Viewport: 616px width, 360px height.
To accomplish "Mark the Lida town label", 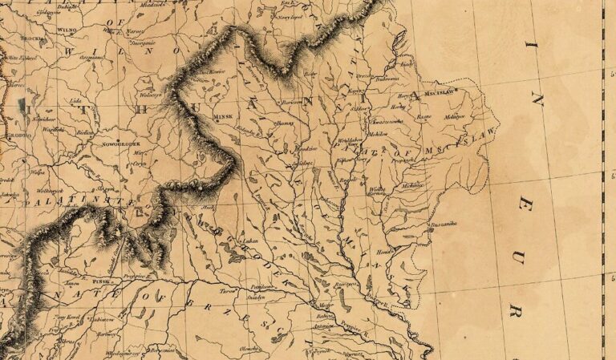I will [76, 101].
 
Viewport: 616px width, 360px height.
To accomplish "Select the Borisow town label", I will [293, 103].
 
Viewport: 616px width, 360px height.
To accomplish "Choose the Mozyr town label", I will [325, 305].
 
